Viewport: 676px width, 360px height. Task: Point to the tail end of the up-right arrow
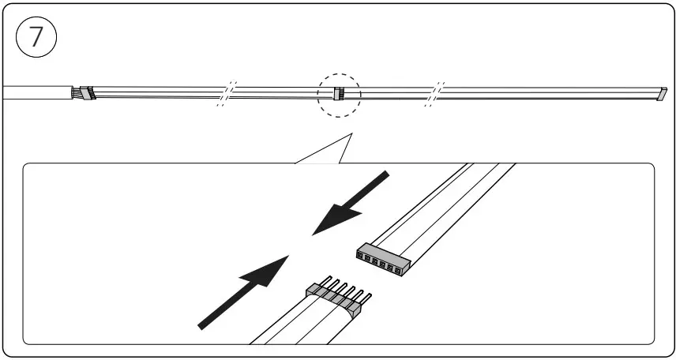202,325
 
